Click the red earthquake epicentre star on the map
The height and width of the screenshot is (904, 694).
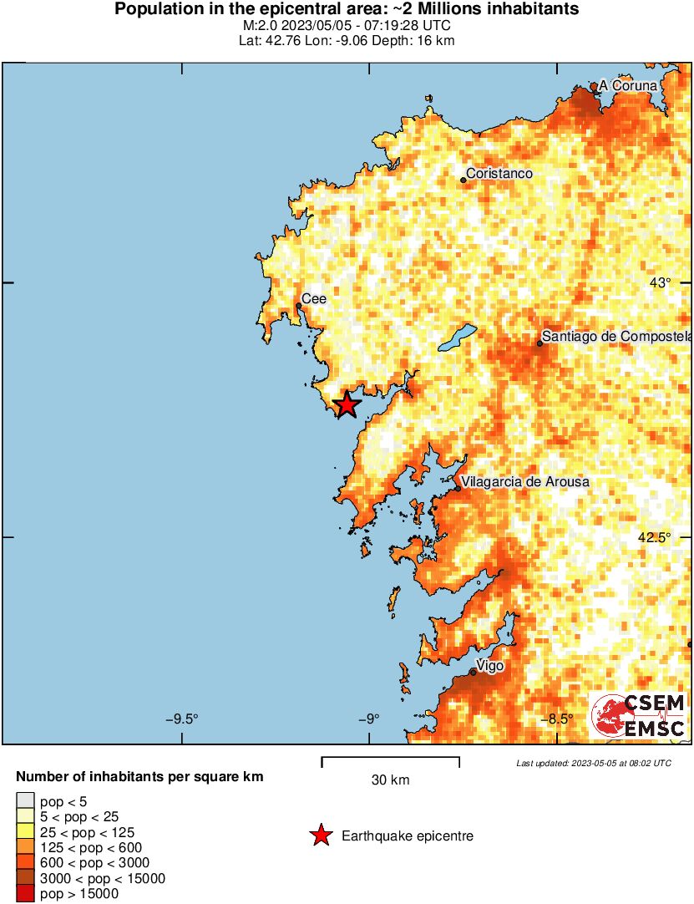(x=346, y=405)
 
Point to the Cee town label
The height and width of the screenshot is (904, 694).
(x=313, y=298)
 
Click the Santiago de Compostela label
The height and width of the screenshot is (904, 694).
(x=617, y=337)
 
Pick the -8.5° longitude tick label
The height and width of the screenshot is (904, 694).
(x=558, y=719)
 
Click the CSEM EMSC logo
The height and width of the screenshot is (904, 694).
(x=639, y=716)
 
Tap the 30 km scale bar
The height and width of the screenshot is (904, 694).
(x=390, y=760)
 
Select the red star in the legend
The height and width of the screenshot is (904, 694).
(x=321, y=835)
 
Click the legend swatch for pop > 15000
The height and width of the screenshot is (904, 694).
(x=27, y=894)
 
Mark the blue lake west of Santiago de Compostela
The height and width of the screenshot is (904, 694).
(x=458, y=338)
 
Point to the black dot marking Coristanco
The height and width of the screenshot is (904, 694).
(x=463, y=179)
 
